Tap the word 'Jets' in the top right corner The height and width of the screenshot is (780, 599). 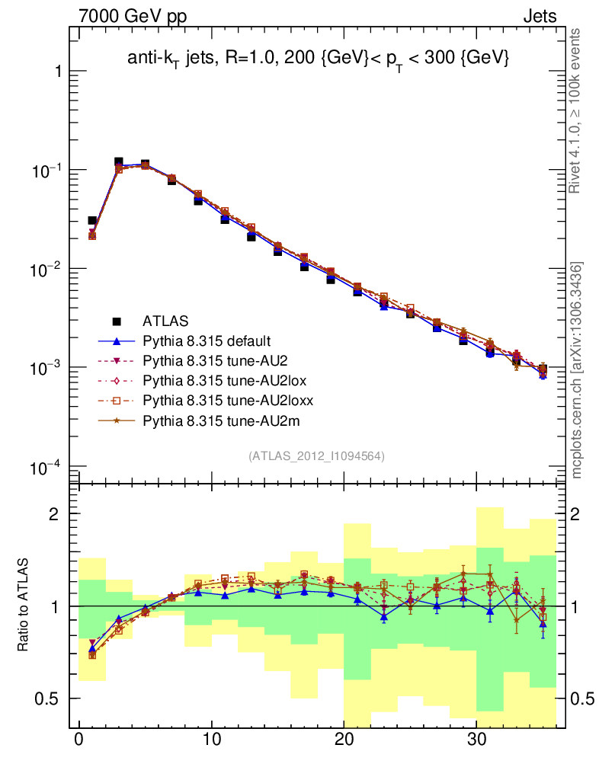click(539, 16)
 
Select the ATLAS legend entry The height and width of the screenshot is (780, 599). click(165, 321)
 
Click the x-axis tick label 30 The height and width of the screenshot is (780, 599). click(477, 740)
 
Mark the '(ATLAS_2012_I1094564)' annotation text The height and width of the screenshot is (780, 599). click(316, 456)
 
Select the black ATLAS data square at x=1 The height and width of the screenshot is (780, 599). click(92, 221)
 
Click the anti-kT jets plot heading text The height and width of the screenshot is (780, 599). click(317, 59)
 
